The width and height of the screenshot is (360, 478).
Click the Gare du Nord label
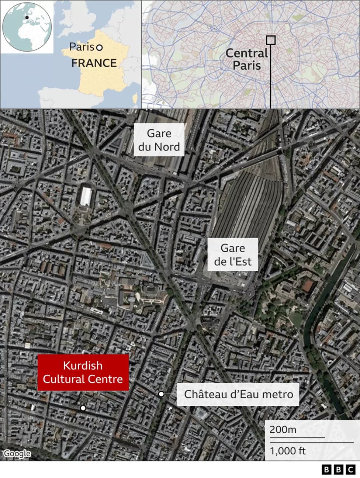[x=159, y=140]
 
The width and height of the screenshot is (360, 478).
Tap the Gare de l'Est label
[x=232, y=255]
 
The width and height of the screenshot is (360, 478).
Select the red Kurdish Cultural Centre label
[x=83, y=372]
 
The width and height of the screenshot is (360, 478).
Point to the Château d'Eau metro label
[x=238, y=394]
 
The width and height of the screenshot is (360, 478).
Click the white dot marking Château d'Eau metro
[x=161, y=394]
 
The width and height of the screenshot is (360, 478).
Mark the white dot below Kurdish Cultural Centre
[x=83, y=408]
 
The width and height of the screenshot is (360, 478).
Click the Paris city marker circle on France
[x=99, y=48]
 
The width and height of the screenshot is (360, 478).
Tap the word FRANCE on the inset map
[x=94, y=63]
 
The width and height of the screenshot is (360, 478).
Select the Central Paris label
[x=246, y=59]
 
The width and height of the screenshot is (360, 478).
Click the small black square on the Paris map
[x=271, y=40]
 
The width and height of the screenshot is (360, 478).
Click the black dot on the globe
[x=27, y=17]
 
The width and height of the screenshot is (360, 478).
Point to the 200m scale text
[x=283, y=429]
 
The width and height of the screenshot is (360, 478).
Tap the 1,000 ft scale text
[x=288, y=451]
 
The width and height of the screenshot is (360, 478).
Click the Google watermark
[x=17, y=453]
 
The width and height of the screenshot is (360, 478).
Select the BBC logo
[x=338, y=470]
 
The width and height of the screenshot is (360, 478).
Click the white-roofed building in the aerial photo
[x=86, y=197]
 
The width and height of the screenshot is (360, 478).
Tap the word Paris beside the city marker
[x=82, y=47]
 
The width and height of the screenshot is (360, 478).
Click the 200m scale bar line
[x=297, y=437]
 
